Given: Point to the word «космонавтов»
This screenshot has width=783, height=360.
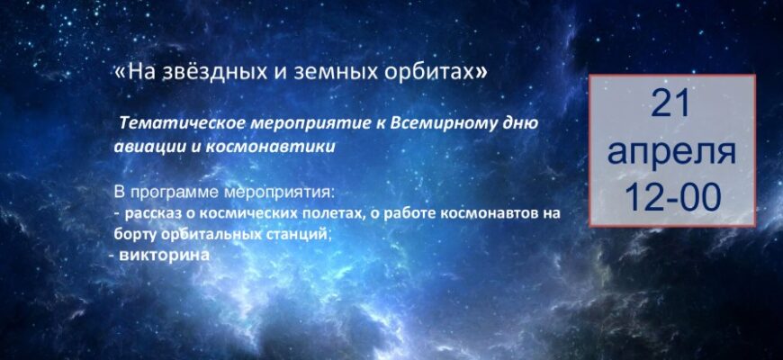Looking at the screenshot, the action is (490, 213).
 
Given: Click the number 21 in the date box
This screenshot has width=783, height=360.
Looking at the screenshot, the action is (671, 103).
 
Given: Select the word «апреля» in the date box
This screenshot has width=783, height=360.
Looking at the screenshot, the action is (671, 152).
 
